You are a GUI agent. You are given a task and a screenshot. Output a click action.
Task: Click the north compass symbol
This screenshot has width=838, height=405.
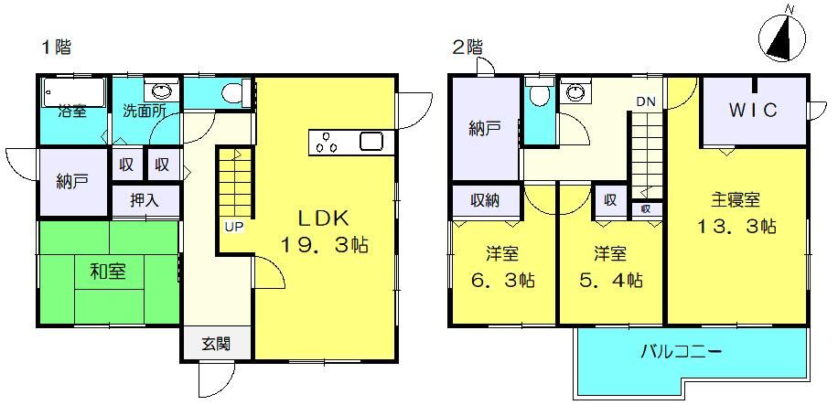click(x=782, y=37)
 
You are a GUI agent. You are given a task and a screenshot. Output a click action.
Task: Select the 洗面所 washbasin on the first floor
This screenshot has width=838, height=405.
click(x=161, y=90)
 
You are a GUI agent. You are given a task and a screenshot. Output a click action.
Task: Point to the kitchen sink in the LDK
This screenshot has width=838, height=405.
click(x=371, y=142)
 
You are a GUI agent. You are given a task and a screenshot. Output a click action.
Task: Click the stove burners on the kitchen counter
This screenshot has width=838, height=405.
click(x=326, y=144)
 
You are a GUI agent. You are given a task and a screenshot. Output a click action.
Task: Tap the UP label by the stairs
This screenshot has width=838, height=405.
click(x=233, y=227)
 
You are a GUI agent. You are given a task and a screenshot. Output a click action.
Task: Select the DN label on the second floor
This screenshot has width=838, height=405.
click(x=644, y=101)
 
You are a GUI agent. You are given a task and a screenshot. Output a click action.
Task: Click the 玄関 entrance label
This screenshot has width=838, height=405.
click(x=217, y=345)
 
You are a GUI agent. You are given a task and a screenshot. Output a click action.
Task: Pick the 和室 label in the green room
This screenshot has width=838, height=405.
click(x=108, y=272)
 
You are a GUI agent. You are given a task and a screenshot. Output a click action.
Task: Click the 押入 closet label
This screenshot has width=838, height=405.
click(x=145, y=200)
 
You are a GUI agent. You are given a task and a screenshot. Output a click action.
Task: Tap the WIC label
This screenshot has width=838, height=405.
click(x=753, y=110)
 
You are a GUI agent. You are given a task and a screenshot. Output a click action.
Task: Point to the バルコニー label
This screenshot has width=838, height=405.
click(x=682, y=352)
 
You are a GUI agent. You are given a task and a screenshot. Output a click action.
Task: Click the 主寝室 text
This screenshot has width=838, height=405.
click(x=736, y=200)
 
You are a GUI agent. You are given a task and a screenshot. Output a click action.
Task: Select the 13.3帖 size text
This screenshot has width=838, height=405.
click(x=736, y=227)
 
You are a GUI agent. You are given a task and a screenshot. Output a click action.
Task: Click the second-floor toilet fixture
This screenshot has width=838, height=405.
click(x=539, y=96)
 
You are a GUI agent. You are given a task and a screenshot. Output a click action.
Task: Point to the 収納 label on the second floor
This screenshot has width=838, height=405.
click(x=485, y=200)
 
